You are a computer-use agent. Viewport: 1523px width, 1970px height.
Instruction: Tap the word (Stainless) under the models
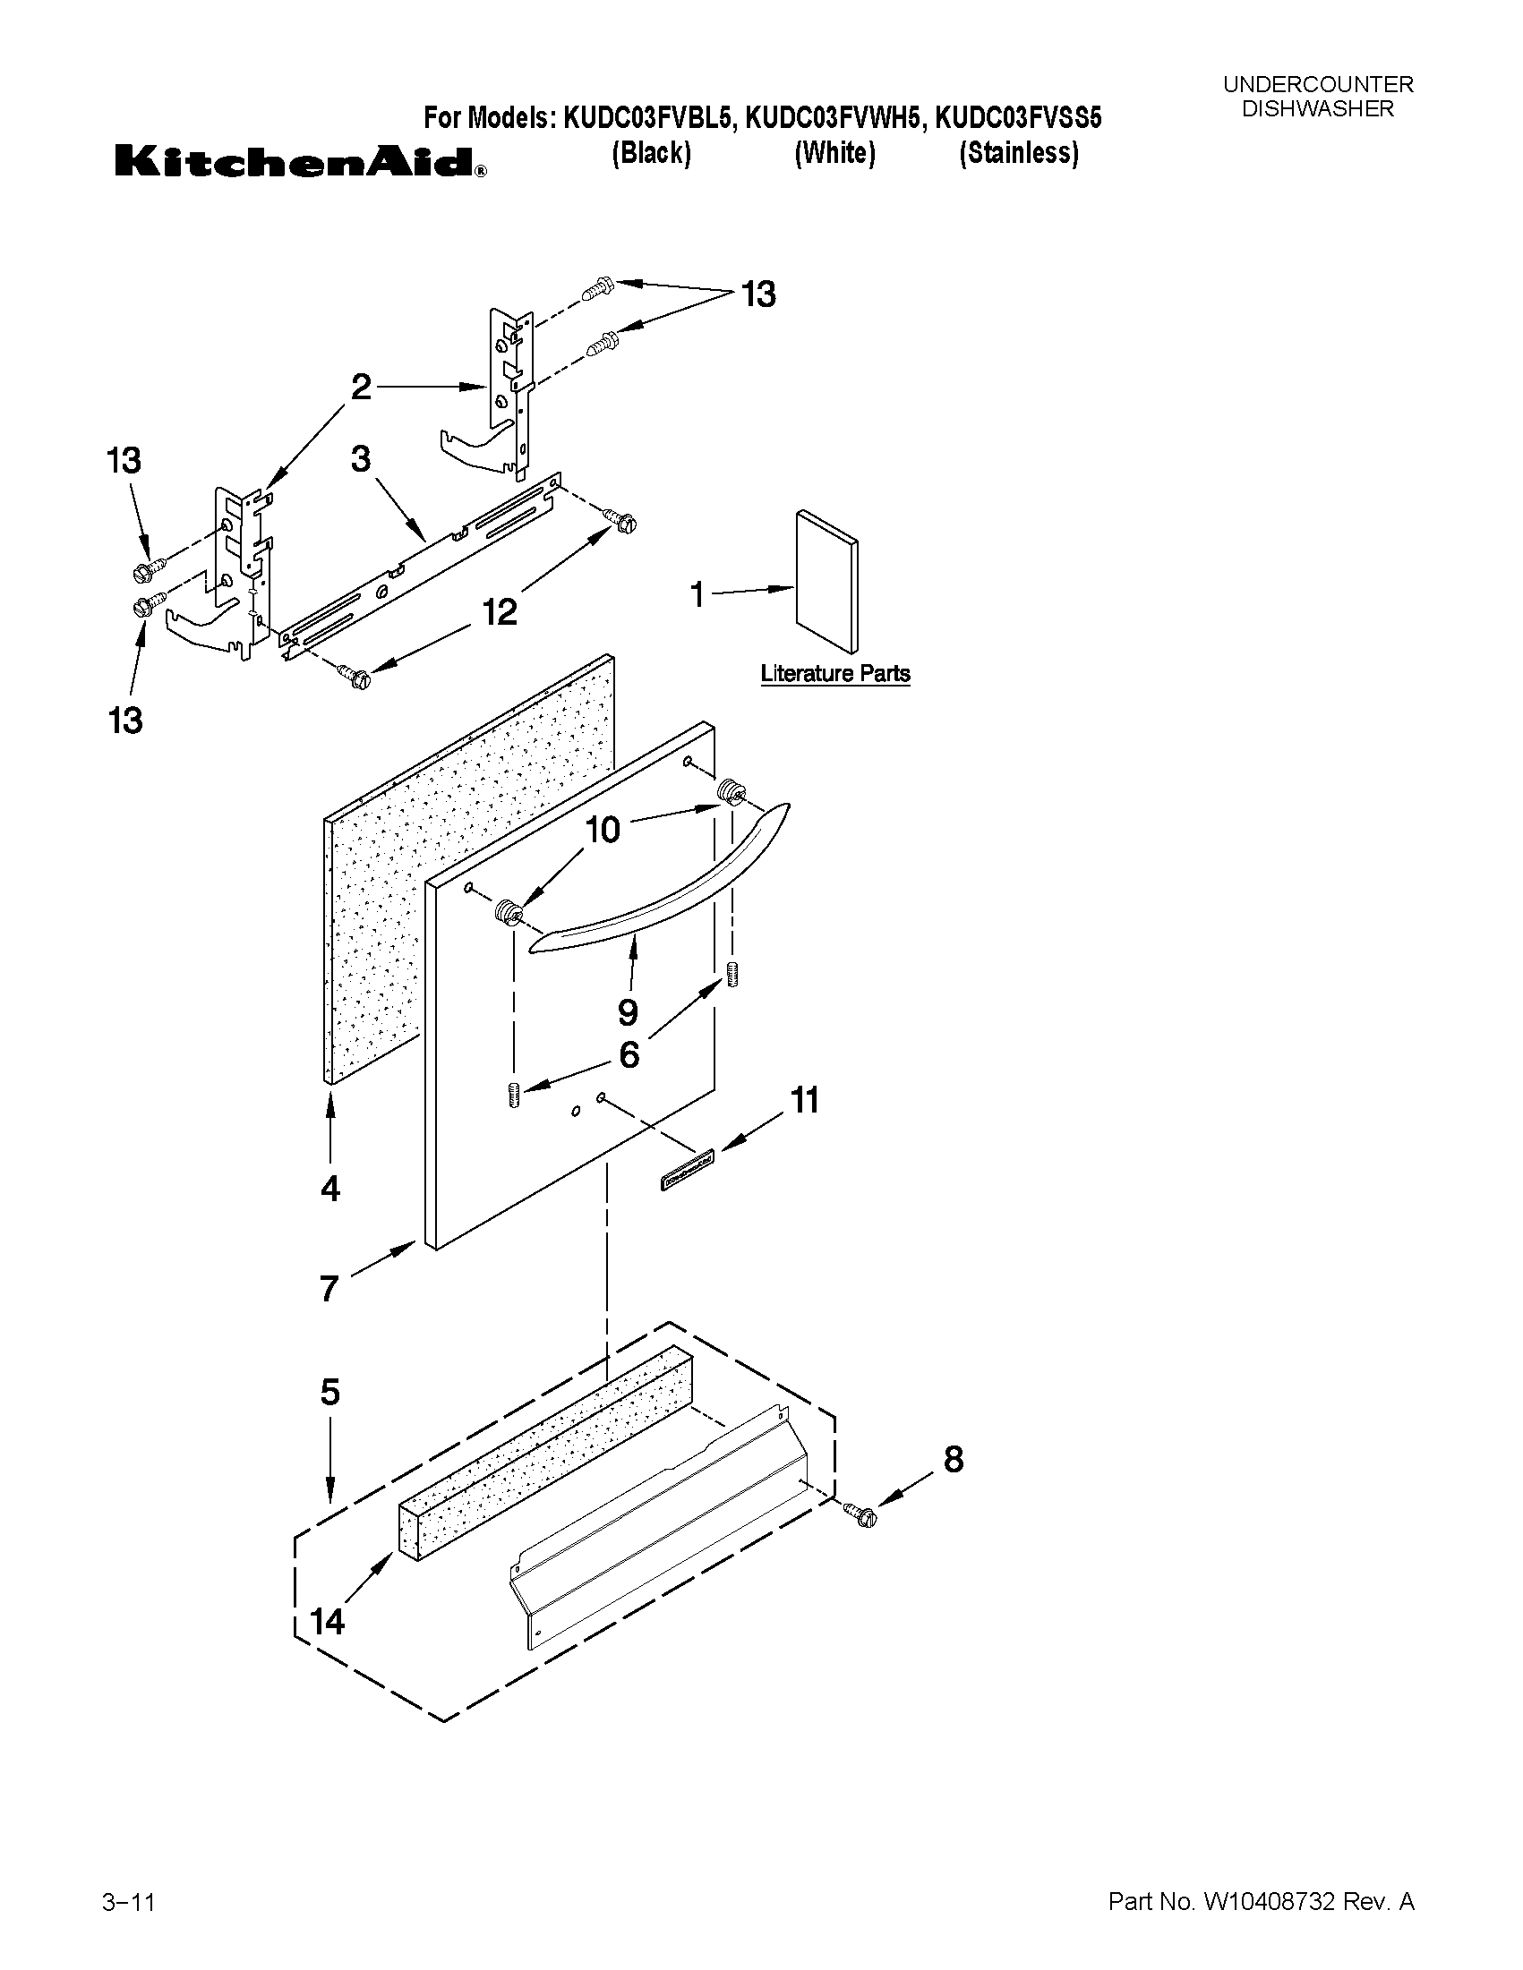click(1019, 153)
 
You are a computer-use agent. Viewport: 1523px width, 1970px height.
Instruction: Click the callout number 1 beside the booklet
click(697, 594)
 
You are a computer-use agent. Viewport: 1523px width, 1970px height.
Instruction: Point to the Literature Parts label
click(834, 674)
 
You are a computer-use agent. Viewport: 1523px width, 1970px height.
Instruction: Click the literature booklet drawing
click(826, 581)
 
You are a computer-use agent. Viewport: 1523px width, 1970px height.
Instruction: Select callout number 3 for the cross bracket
click(361, 459)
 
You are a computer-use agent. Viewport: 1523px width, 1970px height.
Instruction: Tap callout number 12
click(499, 612)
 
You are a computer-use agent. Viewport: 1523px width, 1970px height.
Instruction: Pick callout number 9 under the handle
click(628, 1012)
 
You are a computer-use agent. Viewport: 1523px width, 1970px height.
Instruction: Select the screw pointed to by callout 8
click(860, 1516)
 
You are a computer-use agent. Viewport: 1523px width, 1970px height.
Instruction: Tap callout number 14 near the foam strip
click(327, 1622)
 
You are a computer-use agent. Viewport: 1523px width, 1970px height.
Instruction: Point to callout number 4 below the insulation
click(330, 1189)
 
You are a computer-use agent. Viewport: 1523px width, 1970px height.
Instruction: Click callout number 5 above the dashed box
click(330, 1392)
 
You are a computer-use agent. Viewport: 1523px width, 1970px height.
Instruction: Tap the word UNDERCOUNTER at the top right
click(1317, 85)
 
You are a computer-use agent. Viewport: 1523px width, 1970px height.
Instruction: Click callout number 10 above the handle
click(603, 830)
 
